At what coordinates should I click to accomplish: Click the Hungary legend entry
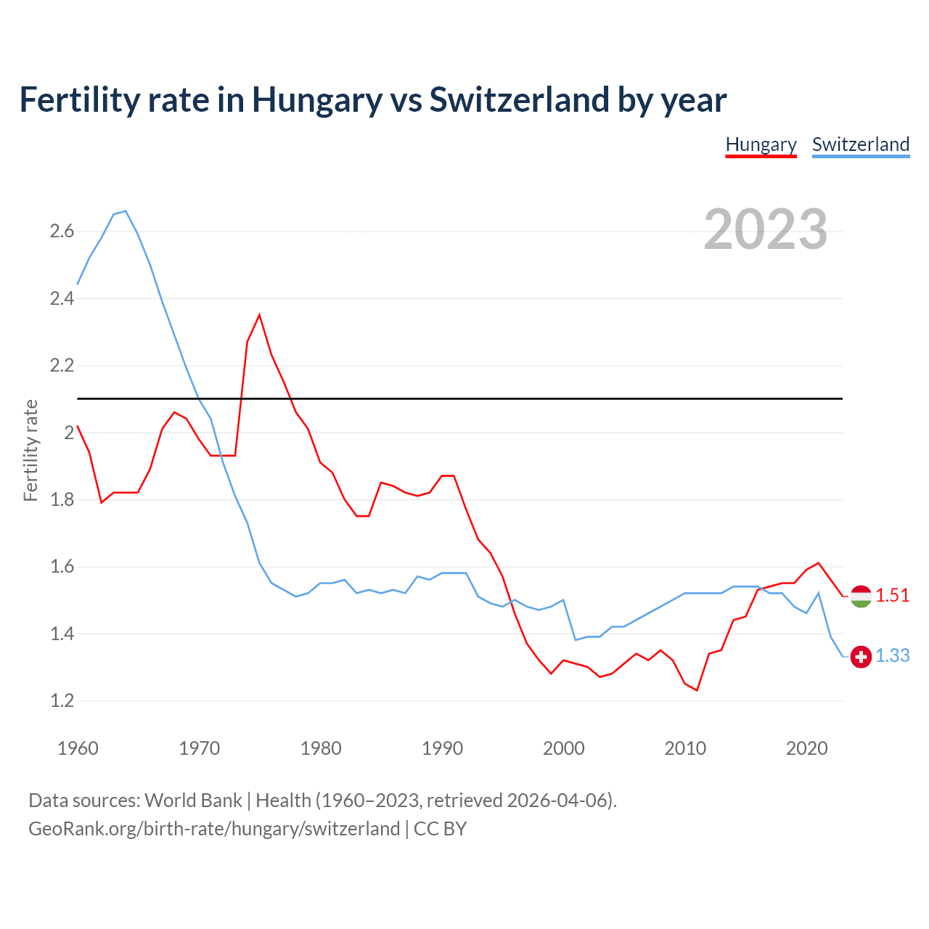761,144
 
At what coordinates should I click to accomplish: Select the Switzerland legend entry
860,144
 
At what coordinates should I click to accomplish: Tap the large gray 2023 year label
765,229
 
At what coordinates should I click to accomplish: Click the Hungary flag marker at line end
861,596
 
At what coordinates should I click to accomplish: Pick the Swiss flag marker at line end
861,656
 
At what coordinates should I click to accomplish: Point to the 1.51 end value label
892,595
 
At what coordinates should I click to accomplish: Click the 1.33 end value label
892,655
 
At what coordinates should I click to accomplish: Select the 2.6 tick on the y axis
62,232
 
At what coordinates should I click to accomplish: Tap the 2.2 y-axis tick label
62,366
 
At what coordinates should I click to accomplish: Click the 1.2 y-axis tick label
62,701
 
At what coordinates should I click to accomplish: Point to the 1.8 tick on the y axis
62,500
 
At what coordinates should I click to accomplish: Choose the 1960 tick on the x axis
78,748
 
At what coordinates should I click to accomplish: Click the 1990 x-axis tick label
442,748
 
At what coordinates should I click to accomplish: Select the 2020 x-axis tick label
806,748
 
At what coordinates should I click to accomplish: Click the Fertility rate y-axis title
30,450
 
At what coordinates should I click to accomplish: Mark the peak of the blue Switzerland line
126,211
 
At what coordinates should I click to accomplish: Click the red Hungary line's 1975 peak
259,315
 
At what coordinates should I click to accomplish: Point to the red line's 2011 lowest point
697,690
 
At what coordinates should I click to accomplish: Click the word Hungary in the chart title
316,100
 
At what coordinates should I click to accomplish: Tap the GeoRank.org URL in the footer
214,829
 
